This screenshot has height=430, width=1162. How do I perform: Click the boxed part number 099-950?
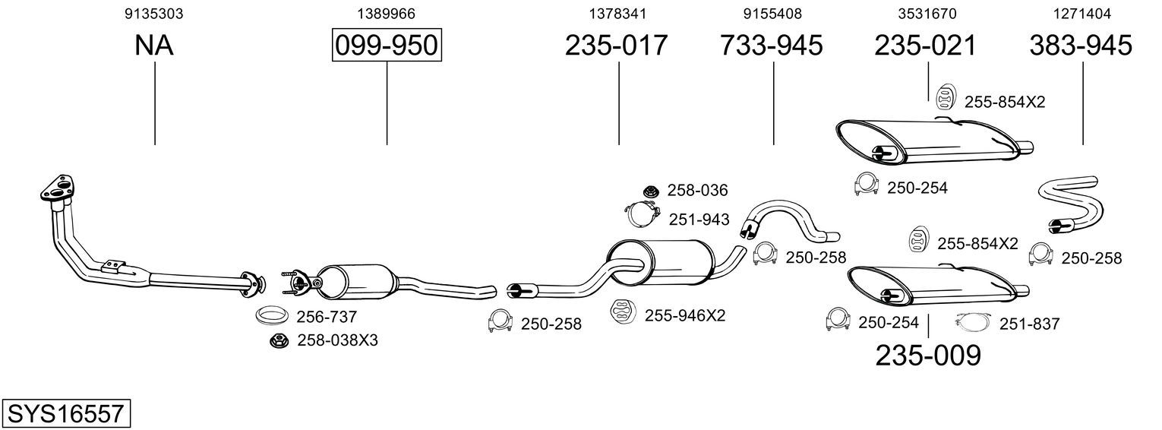[x=387, y=45]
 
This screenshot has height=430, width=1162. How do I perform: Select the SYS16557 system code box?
[x=66, y=413]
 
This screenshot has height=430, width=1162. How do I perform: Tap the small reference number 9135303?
[x=153, y=14]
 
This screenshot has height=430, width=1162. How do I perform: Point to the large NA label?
[x=153, y=45]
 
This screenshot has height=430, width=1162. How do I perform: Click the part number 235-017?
[x=616, y=45]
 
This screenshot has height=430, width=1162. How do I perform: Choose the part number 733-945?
[x=772, y=45]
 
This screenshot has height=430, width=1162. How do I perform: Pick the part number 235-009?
[x=928, y=356]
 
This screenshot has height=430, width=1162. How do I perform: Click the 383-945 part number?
[x=1081, y=45]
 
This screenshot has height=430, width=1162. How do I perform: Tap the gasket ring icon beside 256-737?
[x=273, y=315]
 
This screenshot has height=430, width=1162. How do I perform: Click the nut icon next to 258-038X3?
[x=279, y=341]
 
